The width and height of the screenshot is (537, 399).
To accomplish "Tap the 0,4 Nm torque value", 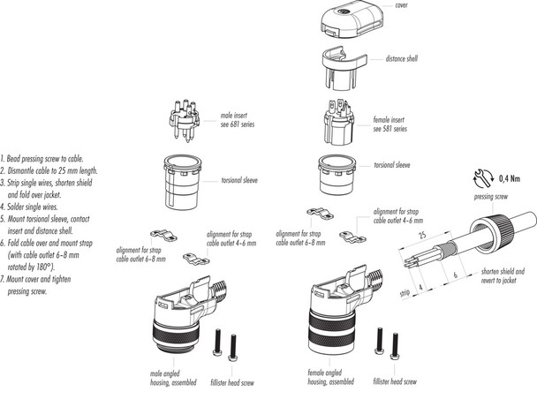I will click(x=510, y=177).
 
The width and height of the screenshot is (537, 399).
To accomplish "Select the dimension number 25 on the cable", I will click(x=424, y=236).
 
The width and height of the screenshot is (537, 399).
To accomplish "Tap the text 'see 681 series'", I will click(x=237, y=123).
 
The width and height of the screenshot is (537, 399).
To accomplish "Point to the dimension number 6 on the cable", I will click(x=456, y=275).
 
